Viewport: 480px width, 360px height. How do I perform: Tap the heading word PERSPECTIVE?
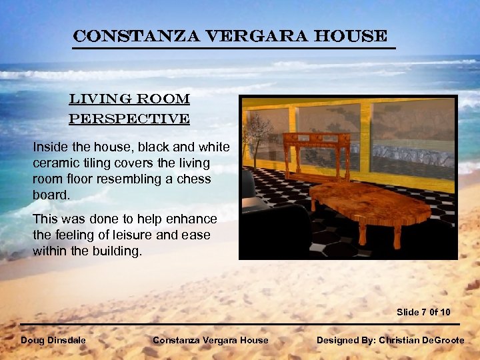click(x=129, y=119)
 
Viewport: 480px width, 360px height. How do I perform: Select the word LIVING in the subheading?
click(x=93, y=100)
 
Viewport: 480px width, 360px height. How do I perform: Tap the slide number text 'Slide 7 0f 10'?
click(x=423, y=312)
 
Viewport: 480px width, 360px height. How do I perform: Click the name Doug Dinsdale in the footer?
click(x=53, y=340)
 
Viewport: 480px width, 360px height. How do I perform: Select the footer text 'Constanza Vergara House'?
click(x=210, y=340)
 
